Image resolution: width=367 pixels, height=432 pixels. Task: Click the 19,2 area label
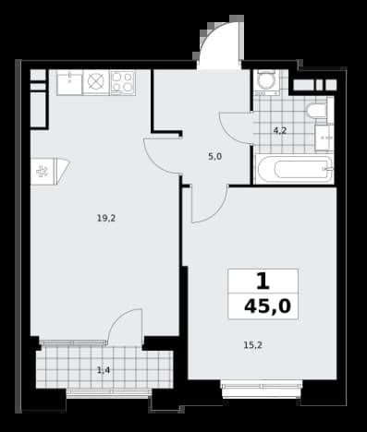(106, 219)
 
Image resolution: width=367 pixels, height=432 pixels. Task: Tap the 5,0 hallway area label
(214, 157)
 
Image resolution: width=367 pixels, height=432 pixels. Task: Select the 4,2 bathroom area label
(280, 131)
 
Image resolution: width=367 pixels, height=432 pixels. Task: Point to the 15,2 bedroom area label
(253, 345)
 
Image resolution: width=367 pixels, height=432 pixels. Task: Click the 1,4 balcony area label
(104, 370)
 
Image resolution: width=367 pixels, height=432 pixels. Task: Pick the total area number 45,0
(267, 306)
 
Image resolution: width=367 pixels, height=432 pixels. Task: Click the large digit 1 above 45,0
(263, 282)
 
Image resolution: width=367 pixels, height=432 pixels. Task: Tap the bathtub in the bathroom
(294, 169)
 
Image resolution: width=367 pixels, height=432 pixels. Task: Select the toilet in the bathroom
(317, 110)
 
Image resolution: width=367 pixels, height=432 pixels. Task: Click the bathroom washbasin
(324, 138)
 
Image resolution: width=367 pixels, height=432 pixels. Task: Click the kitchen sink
(69, 82)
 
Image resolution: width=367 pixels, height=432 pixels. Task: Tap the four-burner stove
(122, 82)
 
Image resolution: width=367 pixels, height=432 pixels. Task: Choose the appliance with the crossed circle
(96, 82)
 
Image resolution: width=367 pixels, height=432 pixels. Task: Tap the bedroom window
(262, 389)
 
